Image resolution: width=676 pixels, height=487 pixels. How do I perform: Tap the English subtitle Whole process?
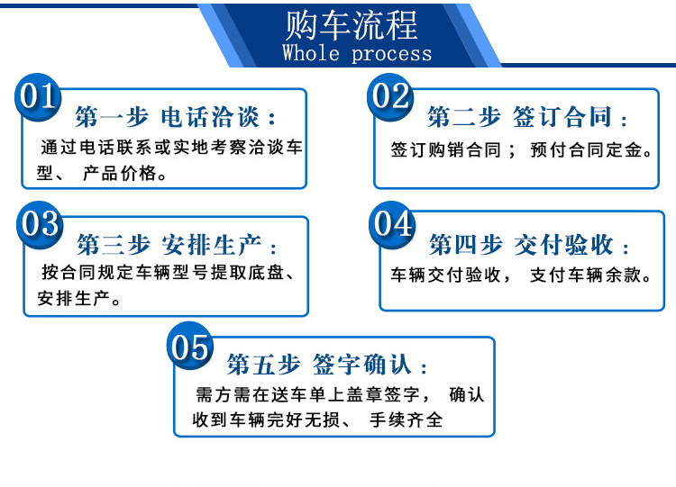click(357, 53)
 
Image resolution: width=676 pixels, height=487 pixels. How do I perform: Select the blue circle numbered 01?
click(39, 95)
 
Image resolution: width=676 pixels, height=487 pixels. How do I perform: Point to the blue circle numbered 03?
click(41, 222)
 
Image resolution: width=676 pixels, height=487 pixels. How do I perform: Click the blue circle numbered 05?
click(190, 347)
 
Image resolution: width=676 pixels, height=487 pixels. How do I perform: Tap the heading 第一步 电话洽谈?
click(177, 118)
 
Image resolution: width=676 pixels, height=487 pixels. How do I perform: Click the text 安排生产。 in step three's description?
click(79, 299)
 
